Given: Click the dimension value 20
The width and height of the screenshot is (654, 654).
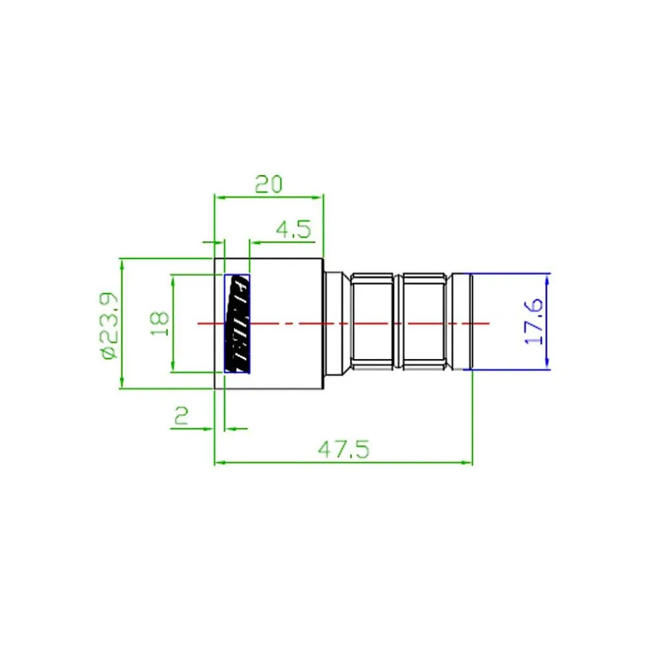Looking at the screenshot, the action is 268,184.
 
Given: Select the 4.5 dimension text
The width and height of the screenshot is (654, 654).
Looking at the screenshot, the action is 294,230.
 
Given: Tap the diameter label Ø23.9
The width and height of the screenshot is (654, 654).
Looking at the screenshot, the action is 109,326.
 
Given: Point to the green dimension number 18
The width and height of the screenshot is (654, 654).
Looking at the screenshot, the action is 159,324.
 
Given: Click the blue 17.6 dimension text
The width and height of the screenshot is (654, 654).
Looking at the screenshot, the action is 534,321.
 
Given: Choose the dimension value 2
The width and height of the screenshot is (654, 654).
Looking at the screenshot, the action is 181,416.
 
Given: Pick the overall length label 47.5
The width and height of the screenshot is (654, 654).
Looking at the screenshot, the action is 344,450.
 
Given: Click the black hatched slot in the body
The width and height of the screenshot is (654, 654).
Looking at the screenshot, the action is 238,324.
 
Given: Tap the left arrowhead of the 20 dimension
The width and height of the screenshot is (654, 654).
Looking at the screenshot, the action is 220,197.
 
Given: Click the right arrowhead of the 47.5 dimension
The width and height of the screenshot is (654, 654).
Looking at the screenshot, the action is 467,462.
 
